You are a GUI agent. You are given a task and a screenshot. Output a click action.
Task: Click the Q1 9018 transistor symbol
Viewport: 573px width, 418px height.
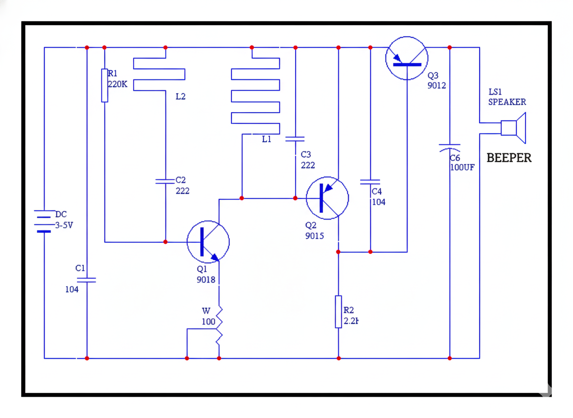tap(208, 241)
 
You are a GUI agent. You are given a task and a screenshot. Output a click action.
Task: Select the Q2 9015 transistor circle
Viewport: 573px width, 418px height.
tap(327, 198)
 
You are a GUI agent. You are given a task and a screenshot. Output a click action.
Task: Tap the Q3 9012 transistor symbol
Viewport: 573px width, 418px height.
tap(407, 58)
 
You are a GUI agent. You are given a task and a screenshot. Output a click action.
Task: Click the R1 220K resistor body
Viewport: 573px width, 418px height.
tap(105, 85)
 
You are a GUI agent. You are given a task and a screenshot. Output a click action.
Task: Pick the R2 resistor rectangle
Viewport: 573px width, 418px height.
tap(338, 312)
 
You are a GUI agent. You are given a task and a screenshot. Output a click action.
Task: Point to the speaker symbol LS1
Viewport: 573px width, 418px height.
tap(513, 128)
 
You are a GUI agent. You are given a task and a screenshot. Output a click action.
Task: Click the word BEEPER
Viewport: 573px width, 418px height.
tap(509, 158)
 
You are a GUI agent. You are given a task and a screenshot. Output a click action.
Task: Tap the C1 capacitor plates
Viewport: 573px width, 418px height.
tap(87, 280)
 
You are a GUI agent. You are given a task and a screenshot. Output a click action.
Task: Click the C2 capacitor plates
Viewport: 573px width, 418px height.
tap(166, 181)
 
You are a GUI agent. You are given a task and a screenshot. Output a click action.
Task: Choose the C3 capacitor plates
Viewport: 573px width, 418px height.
tap(295, 139)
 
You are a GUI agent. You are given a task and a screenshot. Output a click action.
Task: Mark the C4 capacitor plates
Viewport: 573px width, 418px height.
tap(370, 182)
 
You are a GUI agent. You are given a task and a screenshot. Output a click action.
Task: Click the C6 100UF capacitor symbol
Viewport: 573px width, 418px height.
tap(450, 147)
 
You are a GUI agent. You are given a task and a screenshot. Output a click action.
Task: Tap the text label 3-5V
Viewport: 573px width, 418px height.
tap(63, 225)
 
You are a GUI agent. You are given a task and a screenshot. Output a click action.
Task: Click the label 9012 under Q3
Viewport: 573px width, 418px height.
tap(437, 86)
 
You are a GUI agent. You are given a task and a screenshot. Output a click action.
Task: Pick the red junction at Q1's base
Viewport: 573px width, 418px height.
tap(166, 242)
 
